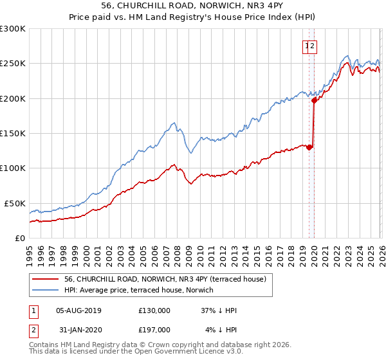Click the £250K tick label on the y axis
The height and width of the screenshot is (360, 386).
pos(13,64)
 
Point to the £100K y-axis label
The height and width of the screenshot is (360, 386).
pos(13,168)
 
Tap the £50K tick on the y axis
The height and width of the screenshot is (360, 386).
pos(15,203)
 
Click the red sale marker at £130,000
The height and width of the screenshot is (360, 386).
pos(309,147)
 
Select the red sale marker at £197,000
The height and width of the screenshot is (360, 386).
pos(314,100)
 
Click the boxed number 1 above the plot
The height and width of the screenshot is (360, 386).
pos(306,46)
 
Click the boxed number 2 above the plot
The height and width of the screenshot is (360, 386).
pos(313,46)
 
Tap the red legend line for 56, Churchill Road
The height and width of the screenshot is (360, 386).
pos(45,279)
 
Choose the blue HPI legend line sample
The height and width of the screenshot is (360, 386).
pos(45,291)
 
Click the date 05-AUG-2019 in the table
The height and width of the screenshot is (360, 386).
pos(78,310)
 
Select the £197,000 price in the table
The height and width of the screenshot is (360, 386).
pos(154,330)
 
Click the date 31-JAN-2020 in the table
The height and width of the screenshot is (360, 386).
pos(78,330)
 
